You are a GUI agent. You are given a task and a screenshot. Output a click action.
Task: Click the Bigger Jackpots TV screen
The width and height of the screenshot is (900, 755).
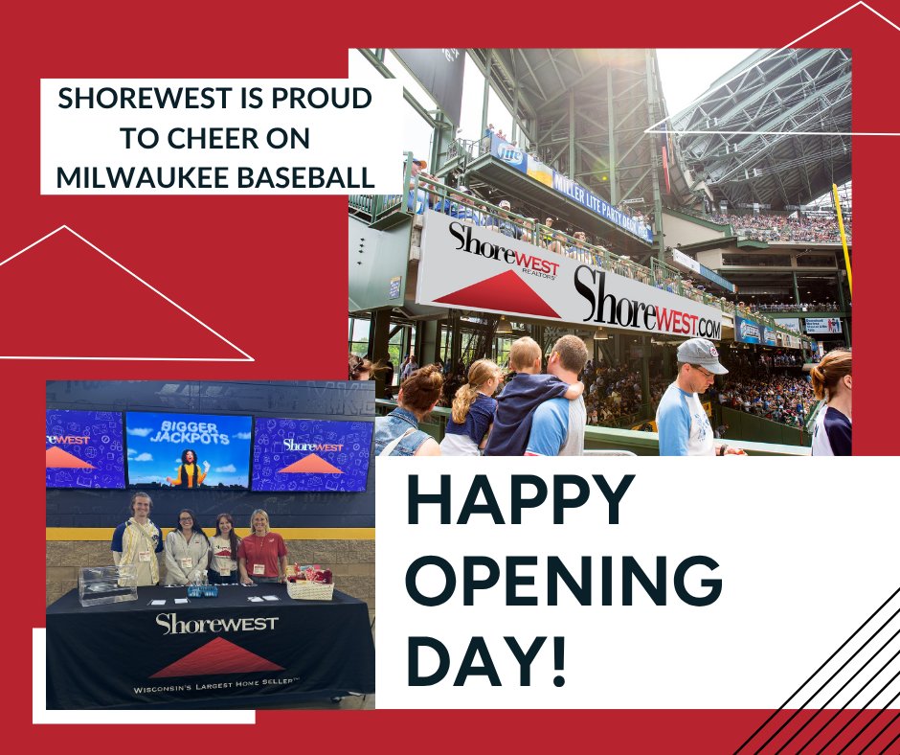189,449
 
